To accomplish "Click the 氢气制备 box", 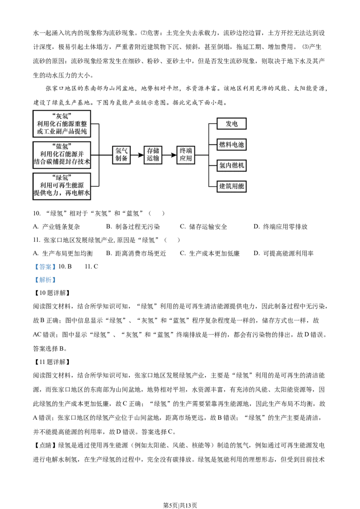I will (121, 155).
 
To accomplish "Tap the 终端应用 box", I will (185, 155).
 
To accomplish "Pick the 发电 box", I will (231, 124).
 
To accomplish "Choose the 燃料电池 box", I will (231, 144).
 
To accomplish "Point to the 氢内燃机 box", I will (231, 165).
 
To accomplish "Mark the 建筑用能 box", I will (231, 186).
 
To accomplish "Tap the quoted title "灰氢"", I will (62, 115).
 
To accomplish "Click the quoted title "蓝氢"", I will (62, 146).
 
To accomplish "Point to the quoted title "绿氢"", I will (62, 177).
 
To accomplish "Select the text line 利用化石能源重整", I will (62, 124).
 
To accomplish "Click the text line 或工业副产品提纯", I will (62, 132).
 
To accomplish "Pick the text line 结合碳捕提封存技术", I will (62, 162).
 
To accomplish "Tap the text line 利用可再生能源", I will (62, 185).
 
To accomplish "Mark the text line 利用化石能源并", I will (62, 154).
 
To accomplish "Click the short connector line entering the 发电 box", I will (213, 124).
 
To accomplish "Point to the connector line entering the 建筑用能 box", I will (213, 186).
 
